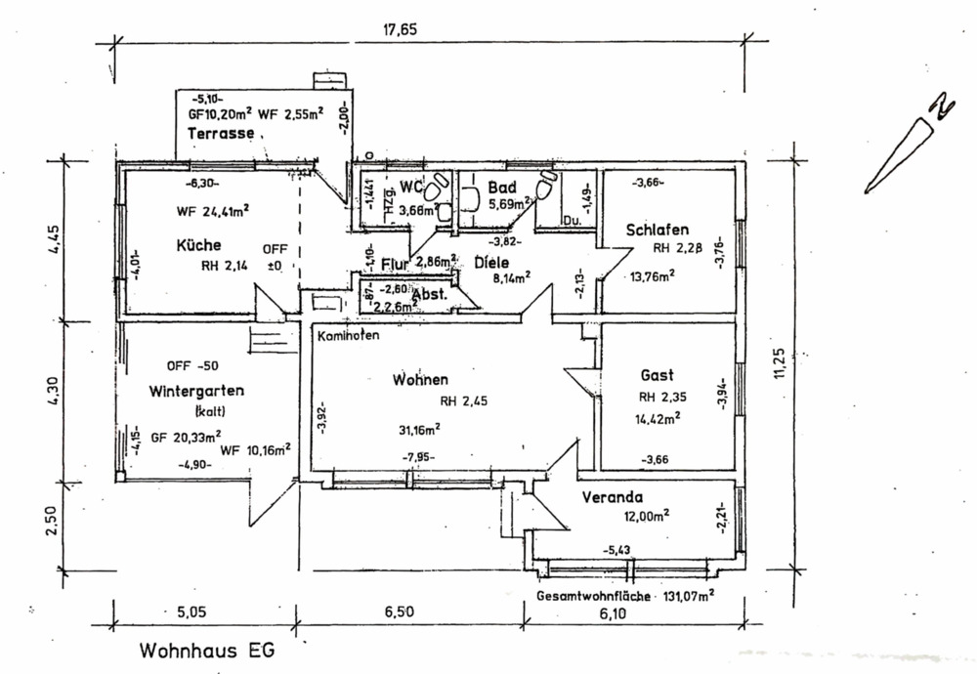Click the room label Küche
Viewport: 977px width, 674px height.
(198, 245)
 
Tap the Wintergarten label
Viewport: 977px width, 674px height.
(196, 391)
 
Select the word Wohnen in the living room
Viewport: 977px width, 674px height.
(421, 379)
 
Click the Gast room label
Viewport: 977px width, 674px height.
(657, 375)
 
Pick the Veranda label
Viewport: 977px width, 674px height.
(612, 497)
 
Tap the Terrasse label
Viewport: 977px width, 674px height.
(222, 133)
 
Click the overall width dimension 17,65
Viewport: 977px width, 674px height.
(400, 29)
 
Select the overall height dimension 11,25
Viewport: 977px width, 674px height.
(779, 361)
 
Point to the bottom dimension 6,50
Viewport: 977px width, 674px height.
(400, 612)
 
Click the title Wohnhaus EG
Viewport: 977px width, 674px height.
(207, 649)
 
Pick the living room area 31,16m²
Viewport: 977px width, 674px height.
(417, 427)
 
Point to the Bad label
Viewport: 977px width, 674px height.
(501, 186)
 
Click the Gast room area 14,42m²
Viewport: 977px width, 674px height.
(658, 418)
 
